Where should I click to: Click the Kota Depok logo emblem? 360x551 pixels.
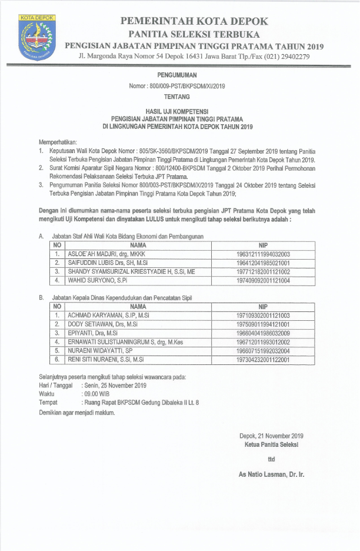point(36,36)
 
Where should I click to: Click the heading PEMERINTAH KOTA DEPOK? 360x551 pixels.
point(194,21)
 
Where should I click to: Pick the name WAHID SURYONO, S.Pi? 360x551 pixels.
point(94,281)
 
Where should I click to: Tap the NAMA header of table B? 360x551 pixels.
point(138,307)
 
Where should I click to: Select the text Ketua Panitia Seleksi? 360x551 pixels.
point(271,444)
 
